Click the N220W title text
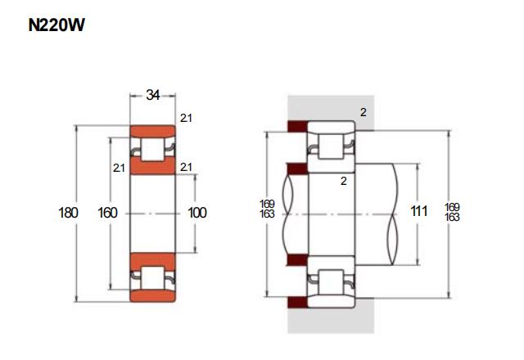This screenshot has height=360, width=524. (56, 25)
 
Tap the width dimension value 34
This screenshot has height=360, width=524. (153, 95)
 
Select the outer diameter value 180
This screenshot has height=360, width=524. (68, 213)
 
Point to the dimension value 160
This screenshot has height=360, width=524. (107, 213)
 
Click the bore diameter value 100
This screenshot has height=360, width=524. (197, 213)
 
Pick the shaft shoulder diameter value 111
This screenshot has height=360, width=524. (418, 211)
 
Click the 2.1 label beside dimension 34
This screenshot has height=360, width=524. (186, 118)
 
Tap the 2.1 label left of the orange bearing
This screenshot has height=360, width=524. (119, 168)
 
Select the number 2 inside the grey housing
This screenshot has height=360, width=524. (364, 113)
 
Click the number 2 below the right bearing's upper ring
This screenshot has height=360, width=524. (344, 181)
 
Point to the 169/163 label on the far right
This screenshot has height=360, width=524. (452, 212)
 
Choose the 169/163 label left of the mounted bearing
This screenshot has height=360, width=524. (267, 209)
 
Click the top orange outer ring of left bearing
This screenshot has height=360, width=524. (153, 131)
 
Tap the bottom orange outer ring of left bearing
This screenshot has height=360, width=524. (153, 296)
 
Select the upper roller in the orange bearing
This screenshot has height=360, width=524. (153, 149)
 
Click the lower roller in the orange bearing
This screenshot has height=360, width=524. (153, 278)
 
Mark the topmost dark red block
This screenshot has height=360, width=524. (297, 126)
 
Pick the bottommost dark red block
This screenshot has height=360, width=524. (297, 302)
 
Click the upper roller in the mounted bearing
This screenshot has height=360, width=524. (331, 146)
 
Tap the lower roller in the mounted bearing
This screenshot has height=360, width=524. (331, 282)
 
